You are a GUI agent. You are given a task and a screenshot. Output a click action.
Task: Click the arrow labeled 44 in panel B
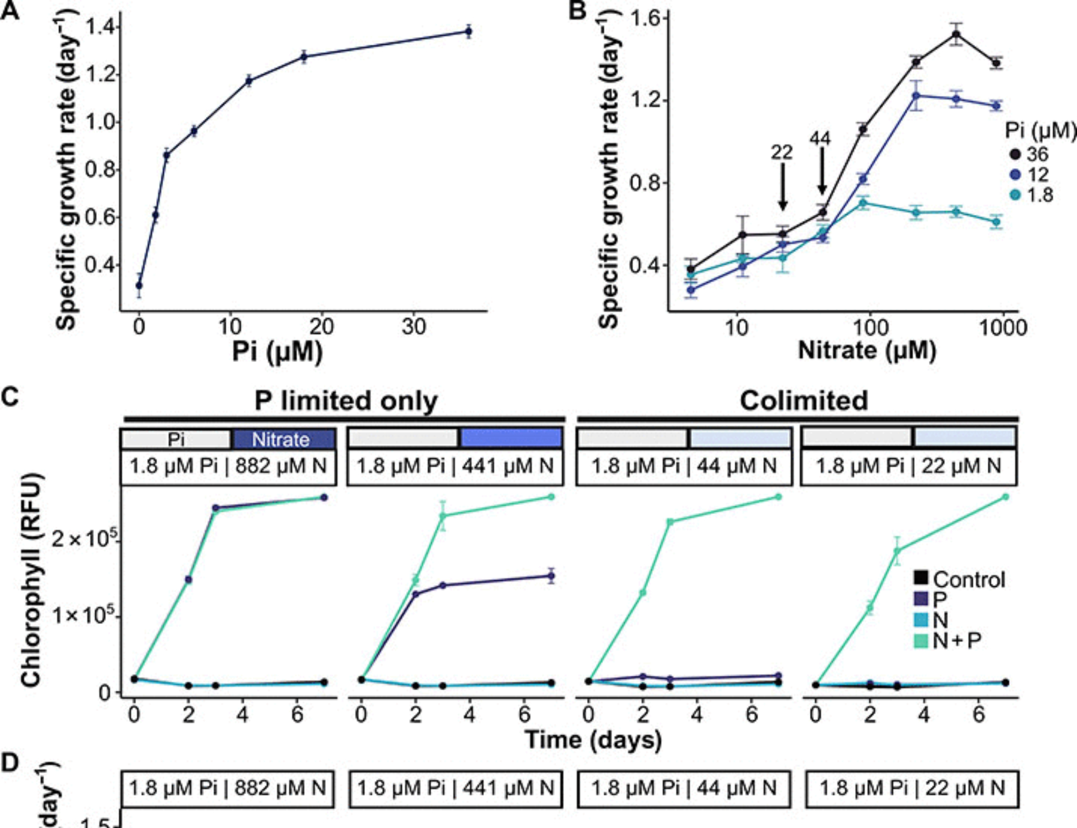click(822, 171)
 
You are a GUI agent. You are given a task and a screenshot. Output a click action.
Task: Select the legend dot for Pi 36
click(1015, 155)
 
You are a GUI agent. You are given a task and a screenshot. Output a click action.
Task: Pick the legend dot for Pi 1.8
click(1015, 195)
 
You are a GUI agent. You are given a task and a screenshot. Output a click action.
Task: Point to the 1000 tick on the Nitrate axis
click(1003, 327)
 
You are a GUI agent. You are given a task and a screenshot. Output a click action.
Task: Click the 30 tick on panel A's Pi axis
click(414, 327)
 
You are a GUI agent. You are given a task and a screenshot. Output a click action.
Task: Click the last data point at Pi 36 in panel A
click(468, 32)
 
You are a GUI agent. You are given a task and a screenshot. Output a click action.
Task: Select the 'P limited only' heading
click(346, 401)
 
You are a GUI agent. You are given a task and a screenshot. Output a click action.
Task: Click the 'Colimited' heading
click(803, 401)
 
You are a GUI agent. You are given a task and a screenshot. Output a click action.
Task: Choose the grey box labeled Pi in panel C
click(176, 439)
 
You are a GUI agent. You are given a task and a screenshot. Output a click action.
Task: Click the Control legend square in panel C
click(921, 578)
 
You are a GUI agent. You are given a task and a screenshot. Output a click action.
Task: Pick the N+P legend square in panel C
click(921, 640)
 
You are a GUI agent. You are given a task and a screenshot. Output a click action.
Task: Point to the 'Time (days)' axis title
click(593, 740)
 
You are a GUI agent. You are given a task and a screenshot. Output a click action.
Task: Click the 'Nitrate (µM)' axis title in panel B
click(866, 350)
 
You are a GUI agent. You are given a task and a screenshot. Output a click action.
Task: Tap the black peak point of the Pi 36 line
click(956, 35)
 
